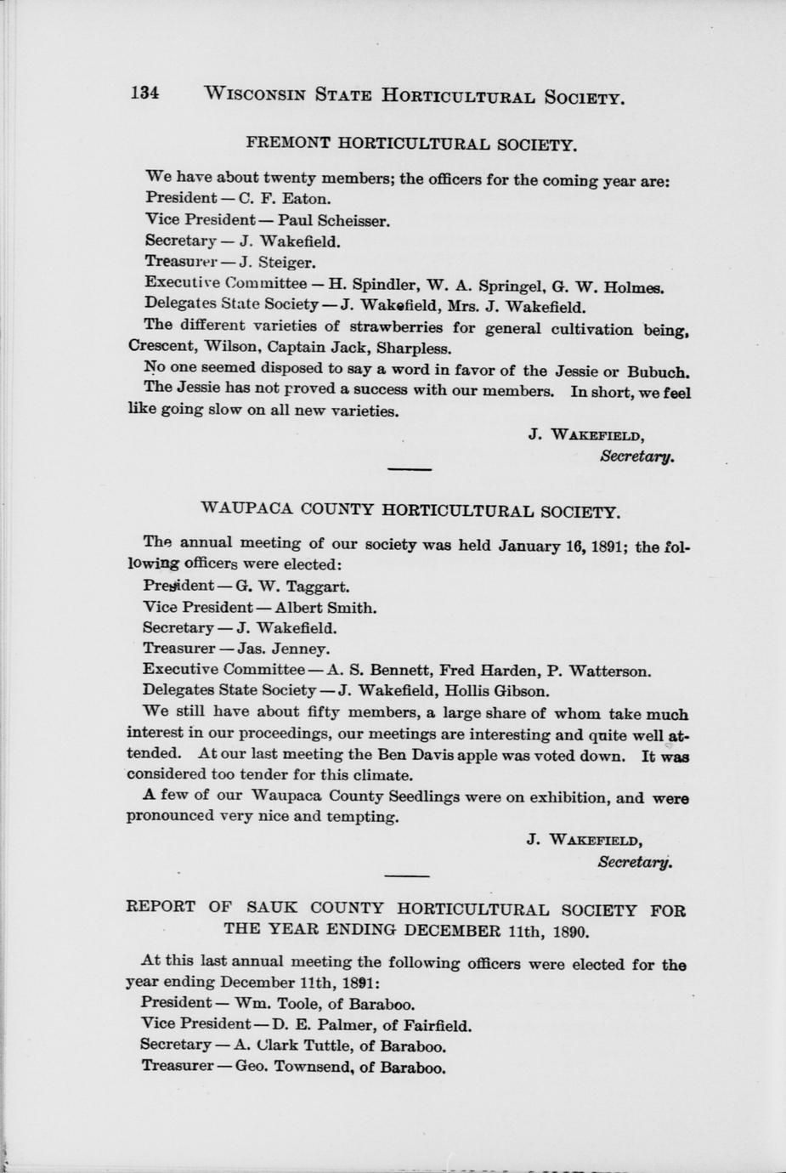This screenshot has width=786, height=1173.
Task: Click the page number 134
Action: pos(144,93)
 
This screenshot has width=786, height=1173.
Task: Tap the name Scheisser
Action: pos(353,221)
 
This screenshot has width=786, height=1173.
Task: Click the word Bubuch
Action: pos(659,371)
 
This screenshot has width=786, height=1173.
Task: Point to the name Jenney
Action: pos(300,649)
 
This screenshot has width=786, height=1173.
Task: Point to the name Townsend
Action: pos(314,1067)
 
